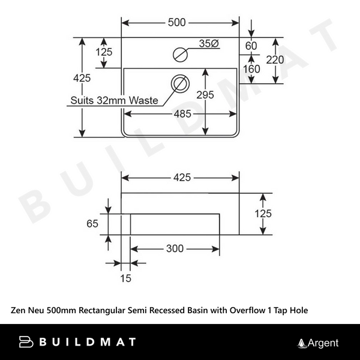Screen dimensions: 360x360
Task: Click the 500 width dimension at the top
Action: point(176,23)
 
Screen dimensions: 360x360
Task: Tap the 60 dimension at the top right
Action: point(251,46)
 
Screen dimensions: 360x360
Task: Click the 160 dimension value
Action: point(251,68)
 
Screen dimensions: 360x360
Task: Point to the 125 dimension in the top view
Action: point(104,52)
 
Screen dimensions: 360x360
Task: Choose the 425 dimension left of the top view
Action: point(82,78)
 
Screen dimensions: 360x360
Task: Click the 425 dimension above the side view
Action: point(182,177)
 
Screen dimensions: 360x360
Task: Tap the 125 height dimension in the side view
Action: point(263,213)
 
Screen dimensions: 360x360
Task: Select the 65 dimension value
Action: point(92,224)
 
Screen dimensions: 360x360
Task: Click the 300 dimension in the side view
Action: point(175,248)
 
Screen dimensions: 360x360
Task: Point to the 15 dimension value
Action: point(125,278)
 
